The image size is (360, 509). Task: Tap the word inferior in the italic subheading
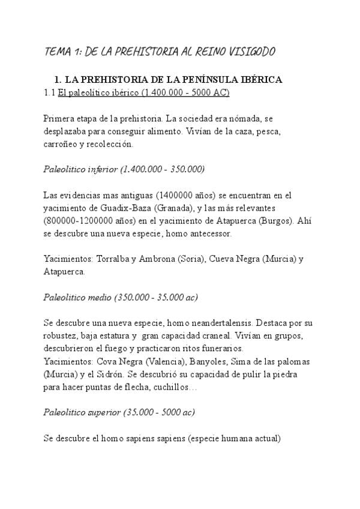tap(100, 169)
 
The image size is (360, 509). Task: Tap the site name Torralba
tap(111, 259)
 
